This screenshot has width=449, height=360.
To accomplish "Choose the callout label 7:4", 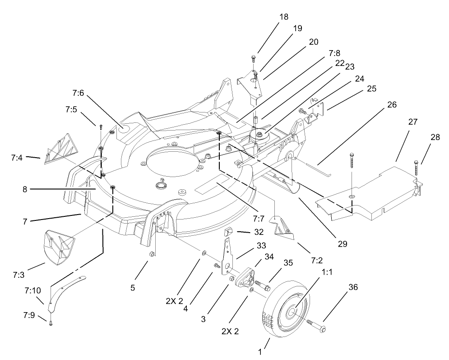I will click(19, 158).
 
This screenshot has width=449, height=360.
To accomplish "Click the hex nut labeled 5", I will click(152, 255).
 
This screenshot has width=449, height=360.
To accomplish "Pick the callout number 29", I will click(342, 244).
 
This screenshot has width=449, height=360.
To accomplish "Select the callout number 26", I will click(391, 105).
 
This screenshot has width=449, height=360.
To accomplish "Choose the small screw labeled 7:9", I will click(51, 322).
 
